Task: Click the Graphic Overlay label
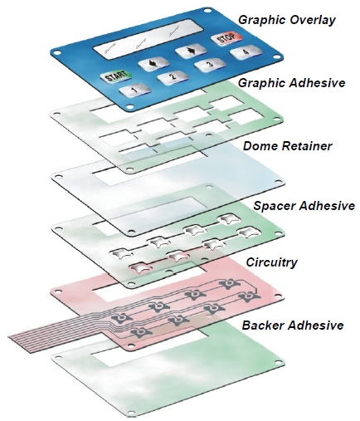[287, 20]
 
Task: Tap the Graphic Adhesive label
[292, 83]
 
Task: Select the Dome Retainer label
[287, 146]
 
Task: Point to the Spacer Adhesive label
[304, 206]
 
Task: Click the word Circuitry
[271, 262]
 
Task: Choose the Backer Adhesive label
[293, 325]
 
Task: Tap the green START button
[116, 76]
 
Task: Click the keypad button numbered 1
[135, 90]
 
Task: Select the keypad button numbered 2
[173, 76]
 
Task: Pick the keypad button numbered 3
[210, 65]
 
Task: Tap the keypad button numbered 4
[246, 51]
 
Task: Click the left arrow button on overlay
[153, 64]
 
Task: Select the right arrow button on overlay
[191, 51]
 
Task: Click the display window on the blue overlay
[148, 39]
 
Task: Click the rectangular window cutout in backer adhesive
[148, 350]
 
